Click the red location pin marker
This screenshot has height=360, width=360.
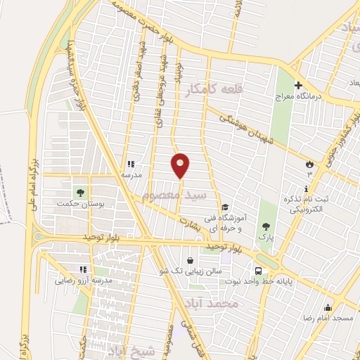point(181,165)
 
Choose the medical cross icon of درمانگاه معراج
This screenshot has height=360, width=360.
point(298,85)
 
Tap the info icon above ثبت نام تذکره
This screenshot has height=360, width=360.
point(307,188)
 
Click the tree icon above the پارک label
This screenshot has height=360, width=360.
point(265,226)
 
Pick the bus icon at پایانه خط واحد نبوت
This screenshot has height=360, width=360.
point(259,271)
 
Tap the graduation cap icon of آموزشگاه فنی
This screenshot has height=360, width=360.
point(224,207)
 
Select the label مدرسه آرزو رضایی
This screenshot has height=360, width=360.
point(84,280)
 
